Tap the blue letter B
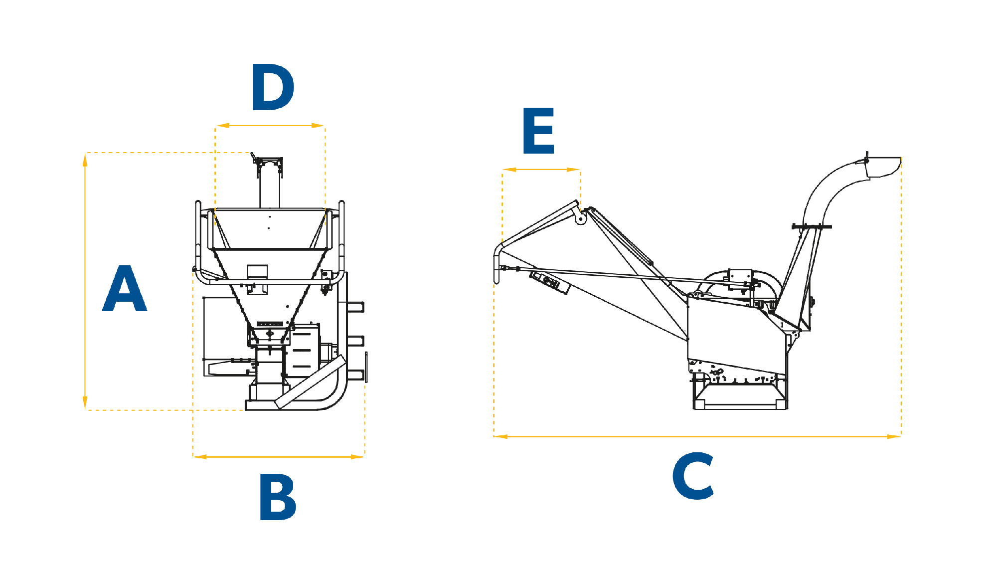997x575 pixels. [278, 497]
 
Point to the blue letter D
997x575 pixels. [273, 87]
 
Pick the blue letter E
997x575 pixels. [538, 130]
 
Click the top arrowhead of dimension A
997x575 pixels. [85, 160]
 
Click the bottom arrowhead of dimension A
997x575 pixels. [85, 403]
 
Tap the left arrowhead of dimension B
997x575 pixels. [200, 456]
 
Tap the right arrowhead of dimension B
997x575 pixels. [358, 456]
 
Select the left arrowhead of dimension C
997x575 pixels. [501, 436]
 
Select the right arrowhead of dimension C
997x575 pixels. [894, 436]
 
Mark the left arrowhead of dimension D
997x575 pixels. [222, 126]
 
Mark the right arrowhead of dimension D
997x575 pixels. [318, 126]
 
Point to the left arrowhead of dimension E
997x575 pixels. [509, 170]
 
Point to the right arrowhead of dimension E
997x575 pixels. [574, 170]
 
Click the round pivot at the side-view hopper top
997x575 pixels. [580, 218]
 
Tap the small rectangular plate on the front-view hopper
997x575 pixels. [257, 272]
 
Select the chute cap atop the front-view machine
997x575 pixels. [268, 165]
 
